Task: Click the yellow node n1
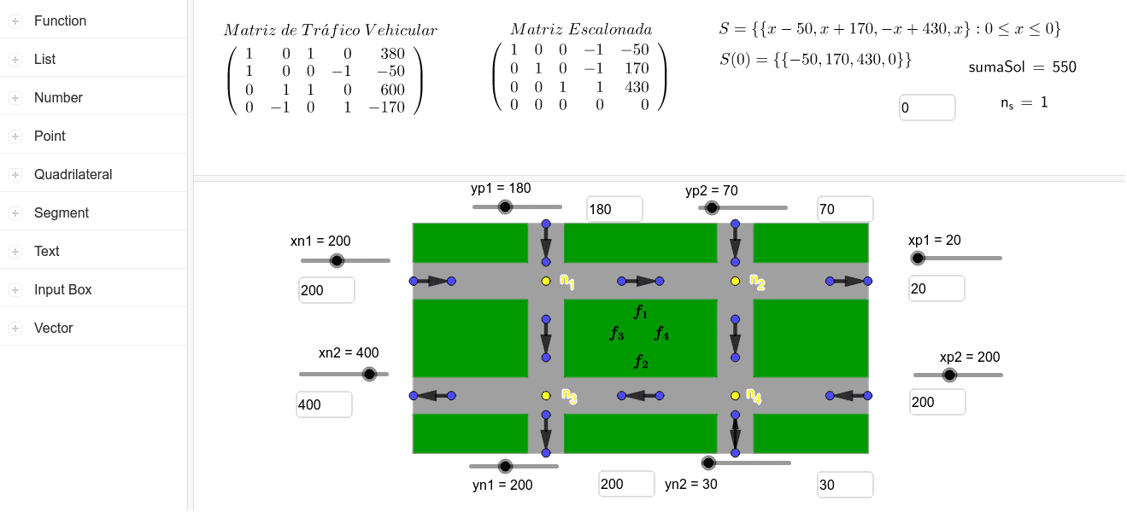pyautogui.click(x=546, y=281)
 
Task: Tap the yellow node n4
pyautogui.click(x=735, y=396)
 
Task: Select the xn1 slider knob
pyautogui.click(x=337, y=260)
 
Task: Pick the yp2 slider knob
pyautogui.click(x=712, y=207)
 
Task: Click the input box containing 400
pyautogui.click(x=324, y=404)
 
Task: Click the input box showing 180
pyautogui.click(x=614, y=209)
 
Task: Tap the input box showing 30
pyautogui.click(x=845, y=485)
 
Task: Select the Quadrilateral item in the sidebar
pyautogui.click(x=73, y=174)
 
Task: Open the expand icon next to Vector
pyautogui.click(x=15, y=328)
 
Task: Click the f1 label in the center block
pyautogui.click(x=641, y=312)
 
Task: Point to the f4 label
pyautogui.click(x=661, y=333)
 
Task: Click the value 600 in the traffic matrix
pyautogui.click(x=392, y=90)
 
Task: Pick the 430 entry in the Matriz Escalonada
pyautogui.click(x=637, y=87)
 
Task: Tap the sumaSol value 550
pyautogui.click(x=1064, y=67)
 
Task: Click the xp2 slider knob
pyautogui.click(x=949, y=375)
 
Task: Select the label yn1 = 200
pyautogui.click(x=502, y=485)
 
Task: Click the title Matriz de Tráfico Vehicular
pyautogui.click(x=331, y=30)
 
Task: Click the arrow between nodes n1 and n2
pyautogui.click(x=641, y=282)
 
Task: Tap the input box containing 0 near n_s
pyautogui.click(x=927, y=108)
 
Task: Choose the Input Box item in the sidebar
pyautogui.click(x=63, y=289)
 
